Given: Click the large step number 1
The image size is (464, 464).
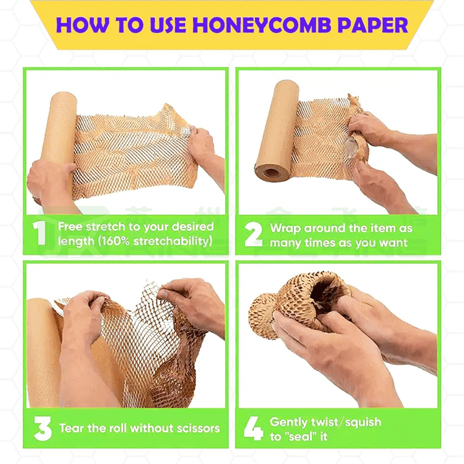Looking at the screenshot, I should pos(39,233).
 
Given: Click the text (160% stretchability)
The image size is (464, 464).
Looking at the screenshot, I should pos(135,241).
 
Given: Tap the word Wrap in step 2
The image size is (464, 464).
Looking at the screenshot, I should pos(286,228).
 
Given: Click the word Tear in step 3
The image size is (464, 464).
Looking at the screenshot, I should pos(71,429).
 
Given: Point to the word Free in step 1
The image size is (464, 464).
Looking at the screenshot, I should pos(71,227).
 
